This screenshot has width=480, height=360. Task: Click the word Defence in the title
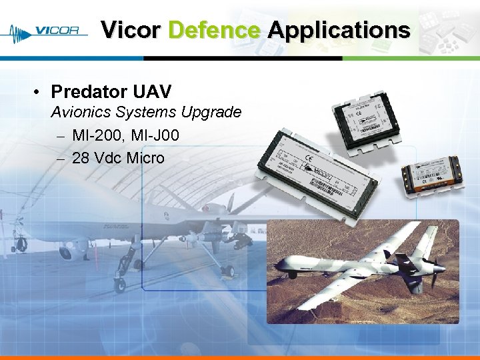click(x=214, y=30)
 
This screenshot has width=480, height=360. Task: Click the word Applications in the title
click(x=339, y=30)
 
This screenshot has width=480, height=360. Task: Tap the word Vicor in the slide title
click(x=131, y=30)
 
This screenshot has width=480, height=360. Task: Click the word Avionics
click(x=81, y=112)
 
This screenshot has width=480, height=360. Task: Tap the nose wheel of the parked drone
click(x=119, y=285)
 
